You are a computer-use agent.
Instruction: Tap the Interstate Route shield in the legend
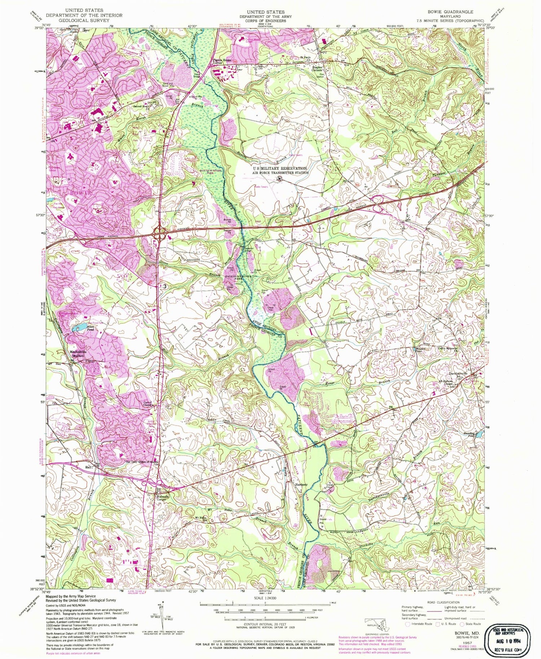point(408,623)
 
